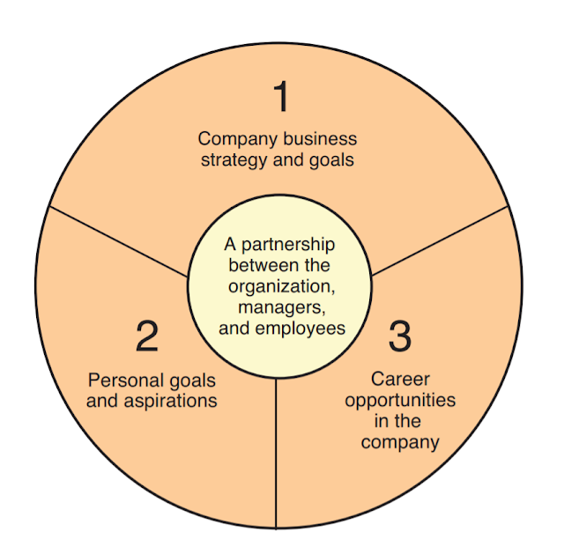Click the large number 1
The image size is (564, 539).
[x=281, y=97]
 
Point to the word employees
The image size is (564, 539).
[x=301, y=329]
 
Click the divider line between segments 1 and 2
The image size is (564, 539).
[x=119, y=241]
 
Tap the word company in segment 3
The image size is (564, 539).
[x=400, y=442]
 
